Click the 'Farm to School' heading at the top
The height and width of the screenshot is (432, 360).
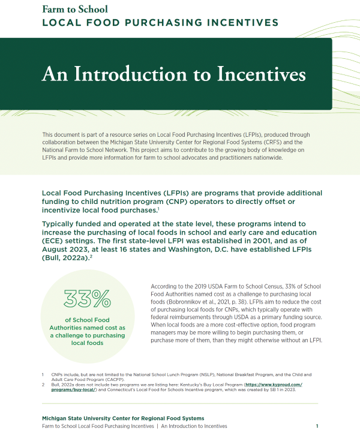click(x=75, y=9)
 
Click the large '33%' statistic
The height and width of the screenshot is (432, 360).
click(x=89, y=299)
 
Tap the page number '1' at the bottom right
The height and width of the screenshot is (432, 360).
click(x=317, y=425)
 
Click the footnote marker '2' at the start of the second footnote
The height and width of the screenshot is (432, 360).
click(x=43, y=384)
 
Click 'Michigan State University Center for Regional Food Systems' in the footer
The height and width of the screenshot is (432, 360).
click(x=123, y=418)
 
